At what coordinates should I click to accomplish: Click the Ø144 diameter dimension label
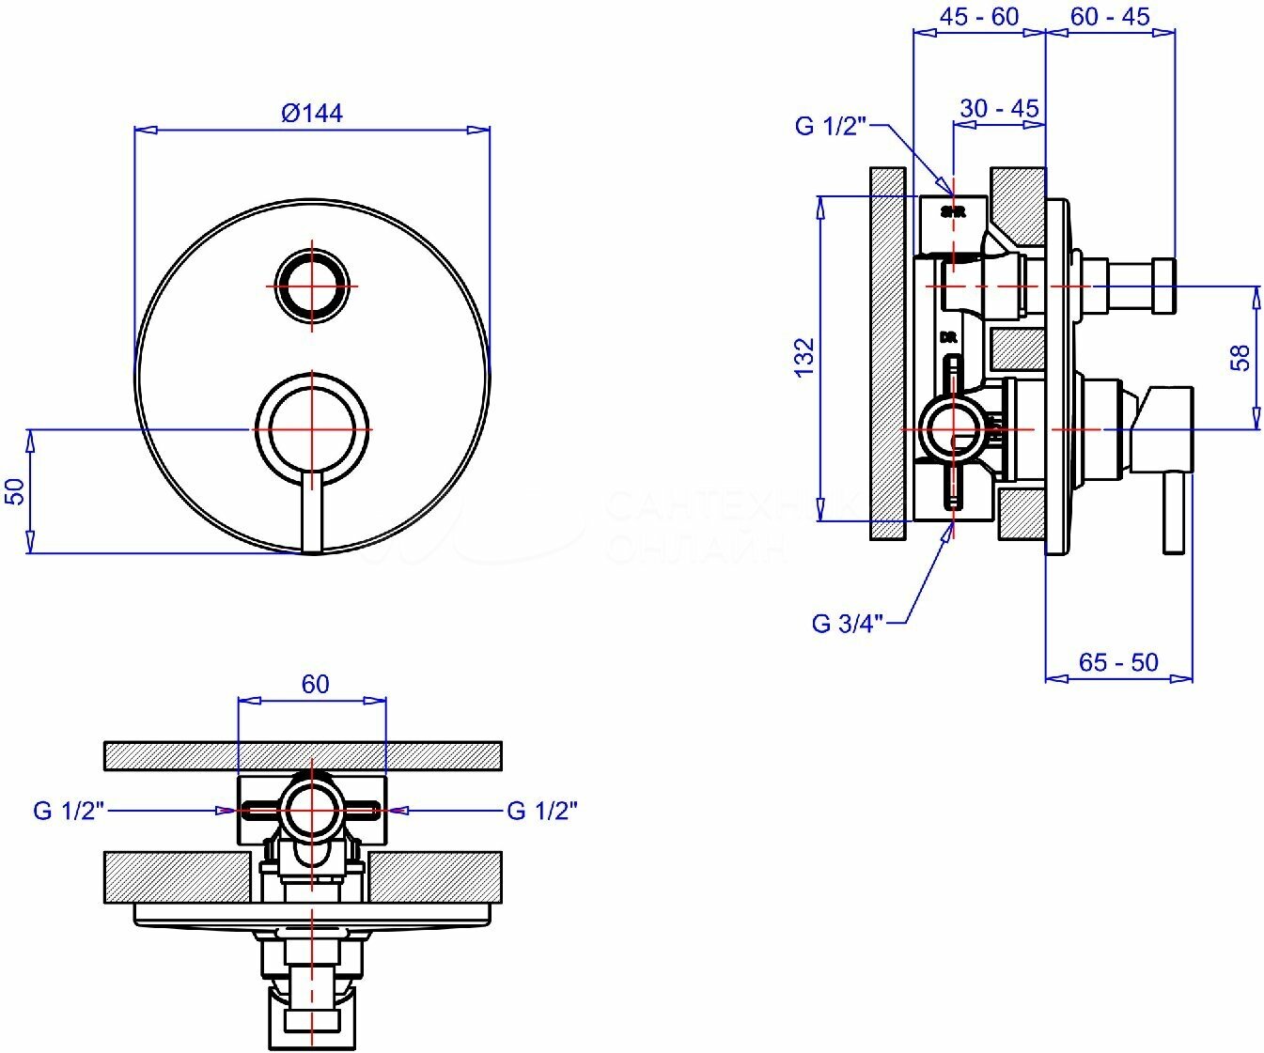312,114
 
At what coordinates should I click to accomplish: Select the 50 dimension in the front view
15,491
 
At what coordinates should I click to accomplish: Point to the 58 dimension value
1241,357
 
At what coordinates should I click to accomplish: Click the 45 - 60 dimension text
978,16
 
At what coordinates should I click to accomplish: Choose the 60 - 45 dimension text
1110,16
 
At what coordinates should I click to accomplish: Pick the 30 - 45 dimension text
999,108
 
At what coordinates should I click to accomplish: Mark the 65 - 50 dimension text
1118,662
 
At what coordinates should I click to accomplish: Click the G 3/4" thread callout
848,623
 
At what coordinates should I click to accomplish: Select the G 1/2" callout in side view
830,126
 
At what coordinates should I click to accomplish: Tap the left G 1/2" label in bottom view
68,811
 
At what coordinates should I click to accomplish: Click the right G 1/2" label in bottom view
542,811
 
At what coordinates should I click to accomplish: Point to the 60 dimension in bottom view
316,684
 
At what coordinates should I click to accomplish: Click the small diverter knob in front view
311,285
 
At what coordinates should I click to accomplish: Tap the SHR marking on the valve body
953,212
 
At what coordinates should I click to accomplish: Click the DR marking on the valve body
947,337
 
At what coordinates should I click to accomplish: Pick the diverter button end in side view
1164,285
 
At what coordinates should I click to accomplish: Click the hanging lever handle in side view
1174,512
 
